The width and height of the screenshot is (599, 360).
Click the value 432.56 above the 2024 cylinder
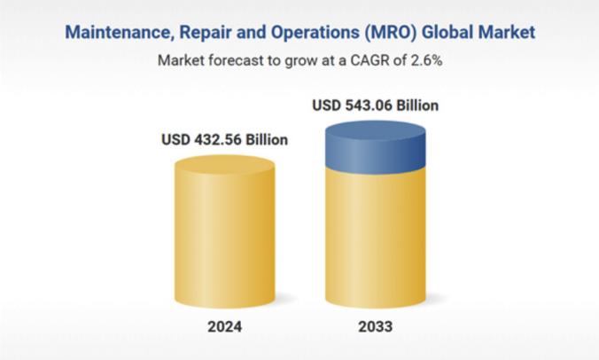(217, 139)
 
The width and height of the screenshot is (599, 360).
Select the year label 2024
(225, 326)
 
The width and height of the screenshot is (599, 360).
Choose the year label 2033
(376, 326)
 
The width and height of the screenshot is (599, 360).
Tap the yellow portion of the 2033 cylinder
(376, 239)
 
